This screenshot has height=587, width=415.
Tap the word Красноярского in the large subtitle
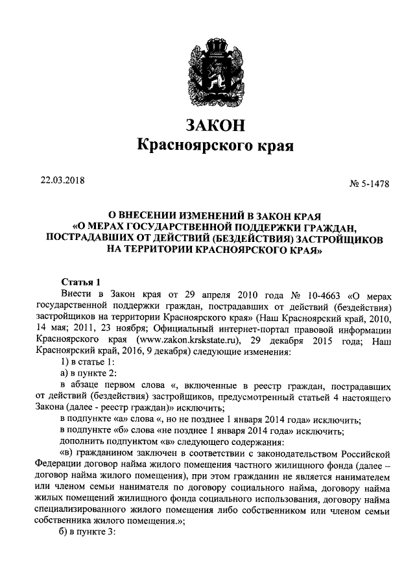194,147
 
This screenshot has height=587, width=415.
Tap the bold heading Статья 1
81,282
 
